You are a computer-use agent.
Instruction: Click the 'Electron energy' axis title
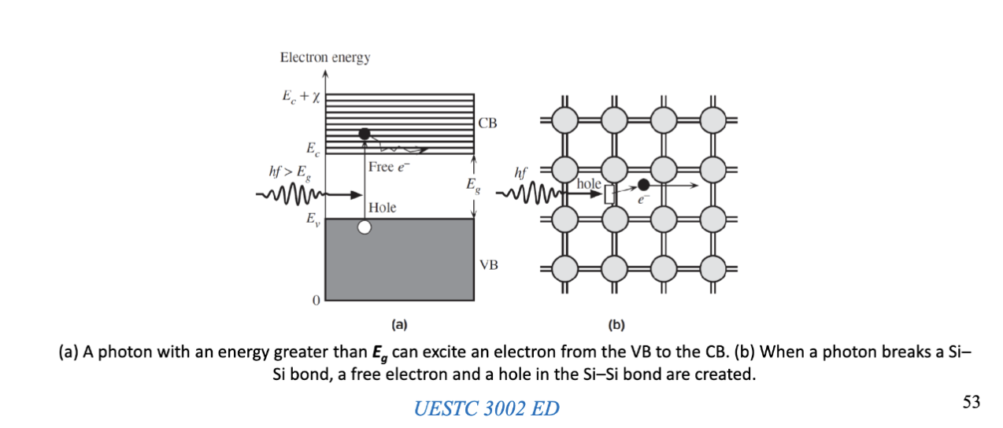(x=325, y=57)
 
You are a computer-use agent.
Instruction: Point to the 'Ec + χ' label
(x=300, y=97)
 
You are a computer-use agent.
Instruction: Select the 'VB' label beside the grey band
(x=488, y=265)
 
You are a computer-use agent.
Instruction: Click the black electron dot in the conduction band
(x=365, y=135)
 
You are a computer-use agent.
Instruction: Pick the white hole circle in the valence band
(x=364, y=228)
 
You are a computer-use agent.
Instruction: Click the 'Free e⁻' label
(x=390, y=167)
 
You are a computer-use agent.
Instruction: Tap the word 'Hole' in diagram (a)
(x=382, y=208)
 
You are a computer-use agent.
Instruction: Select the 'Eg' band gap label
(x=471, y=186)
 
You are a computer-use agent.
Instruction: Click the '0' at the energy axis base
(x=316, y=301)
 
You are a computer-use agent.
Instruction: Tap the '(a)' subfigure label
(x=398, y=323)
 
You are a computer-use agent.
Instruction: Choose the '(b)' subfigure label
(x=615, y=323)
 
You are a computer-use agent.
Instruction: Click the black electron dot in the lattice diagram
(x=643, y=185)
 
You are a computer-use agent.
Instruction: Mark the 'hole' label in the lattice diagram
(x=589, y=183)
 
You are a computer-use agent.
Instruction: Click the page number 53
(x=971, y=402)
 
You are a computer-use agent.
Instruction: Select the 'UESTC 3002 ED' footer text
(x=487, y=408)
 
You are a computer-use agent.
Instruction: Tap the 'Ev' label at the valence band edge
(x=313, y=219)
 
